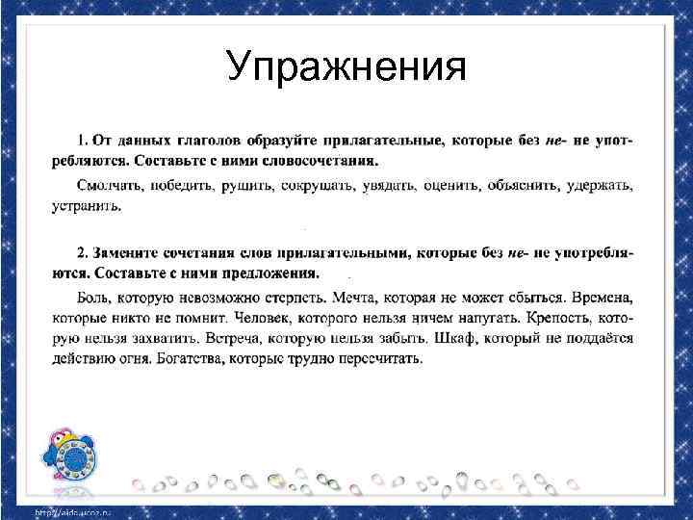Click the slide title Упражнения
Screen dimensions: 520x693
click(x=346, y=68)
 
